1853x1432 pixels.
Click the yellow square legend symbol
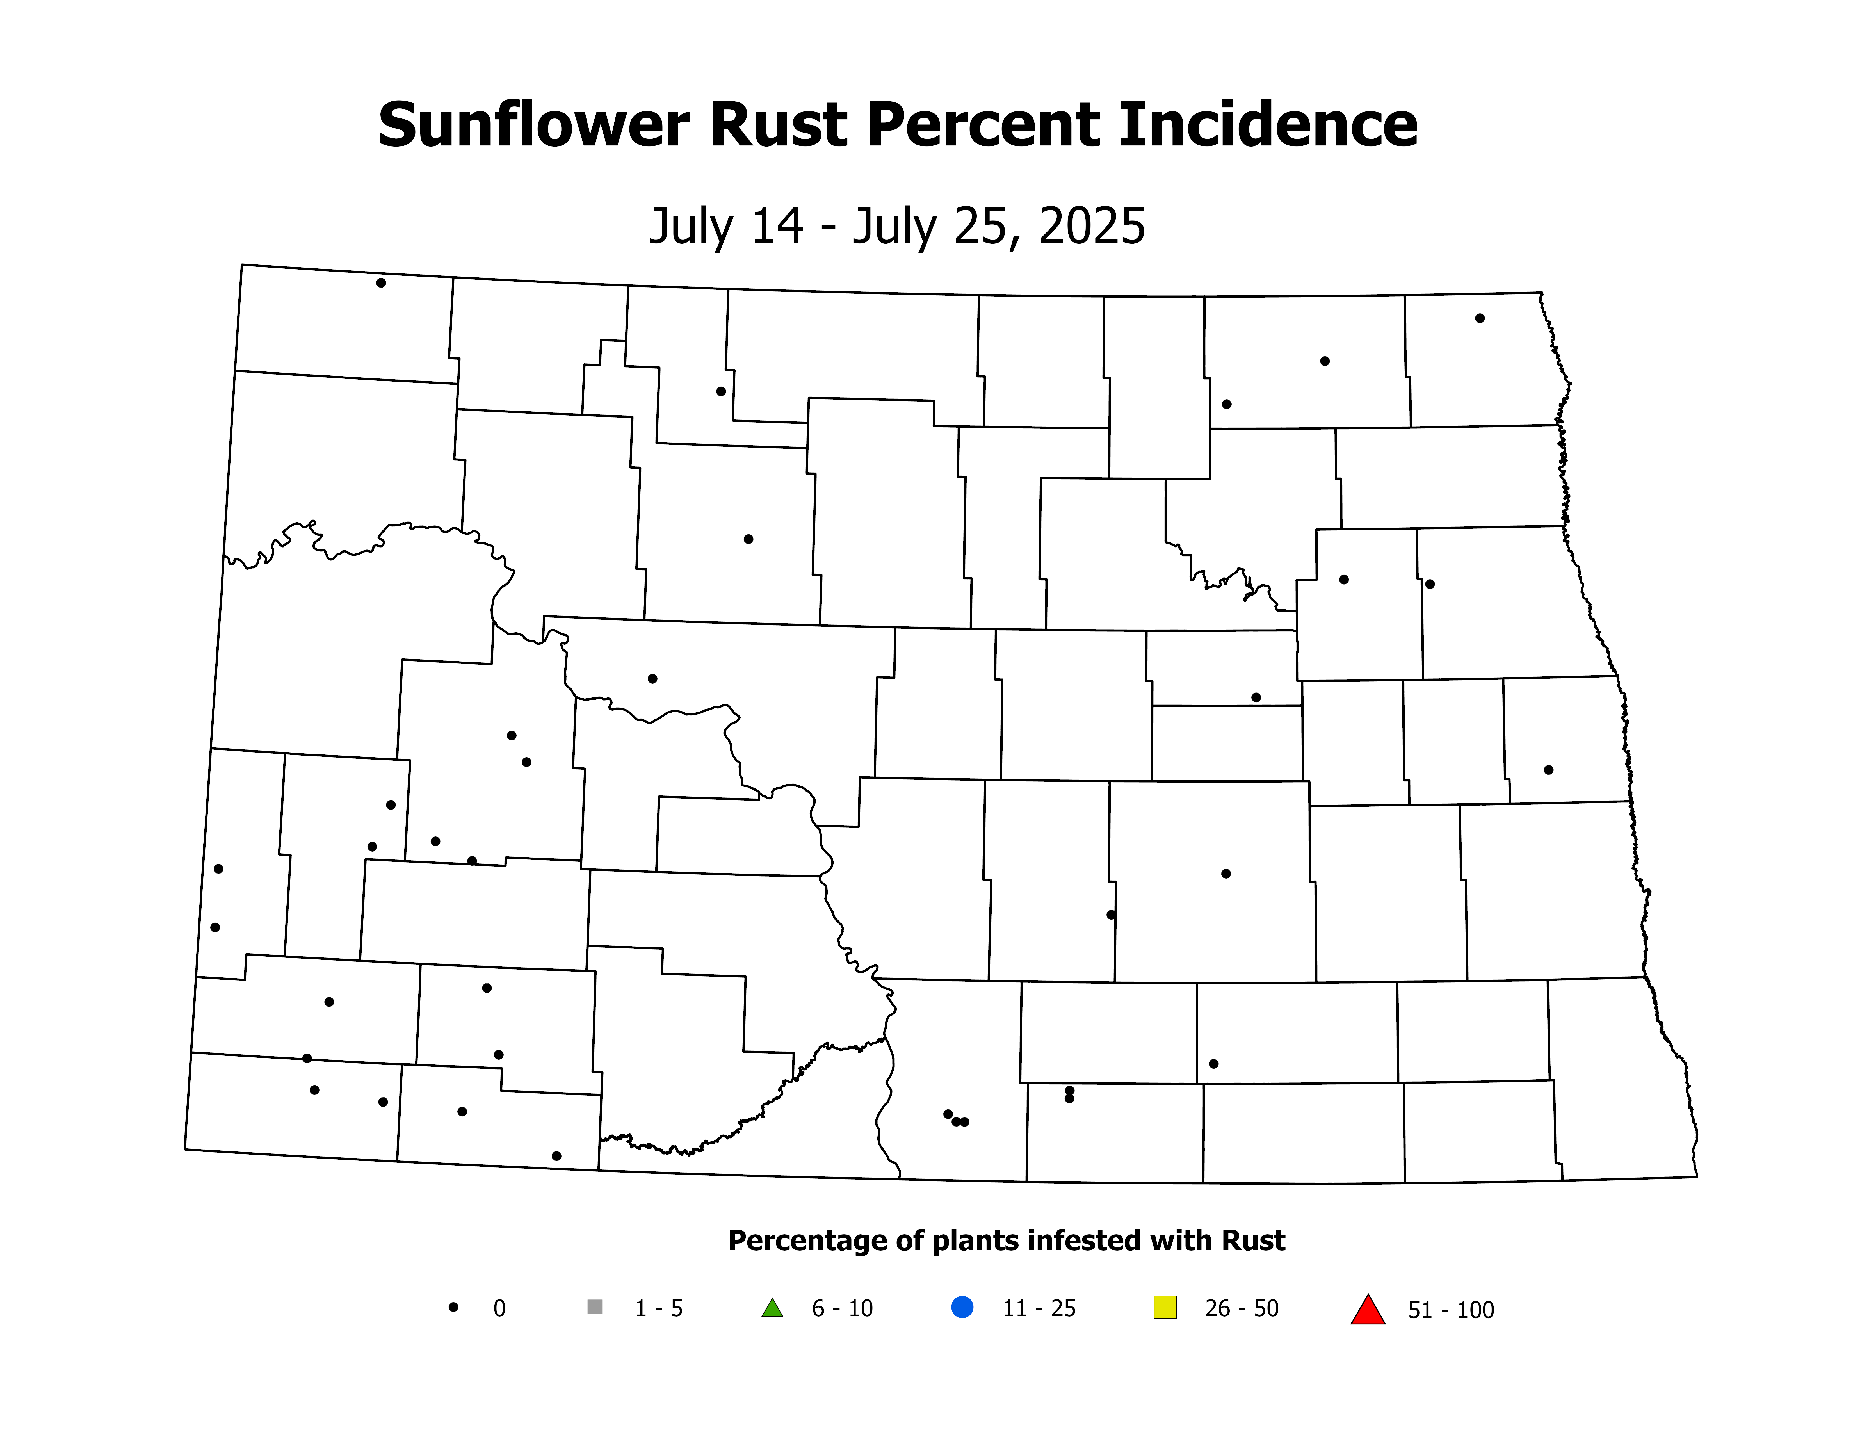[1165, 1307]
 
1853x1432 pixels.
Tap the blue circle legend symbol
[962, 1307]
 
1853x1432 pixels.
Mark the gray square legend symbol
[595, 1307]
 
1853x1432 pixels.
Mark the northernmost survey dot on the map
[381, 282]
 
